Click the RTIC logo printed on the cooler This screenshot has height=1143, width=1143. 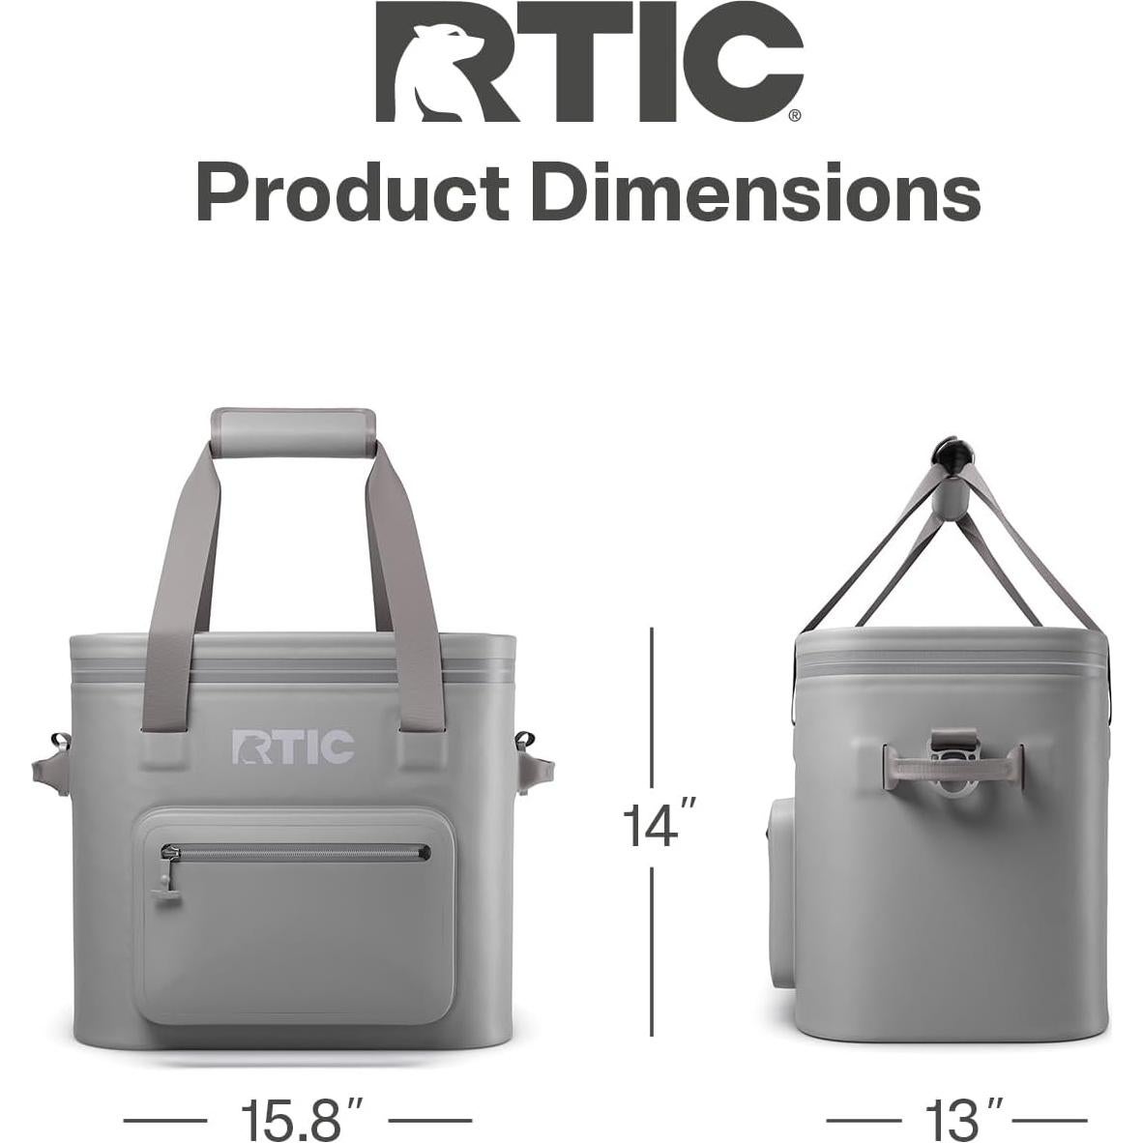(x=293, y=746)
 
